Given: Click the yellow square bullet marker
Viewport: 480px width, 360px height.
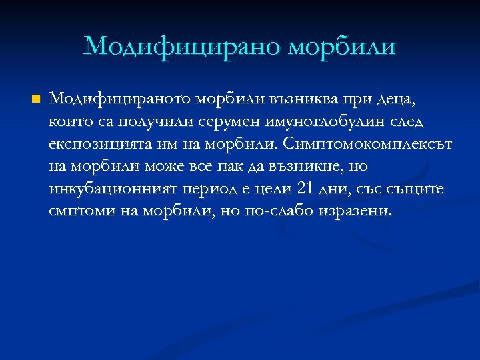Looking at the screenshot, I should point(36,99).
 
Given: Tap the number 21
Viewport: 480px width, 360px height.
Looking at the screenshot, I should point(305,189).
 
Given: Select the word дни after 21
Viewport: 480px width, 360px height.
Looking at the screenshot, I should point(335,189).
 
